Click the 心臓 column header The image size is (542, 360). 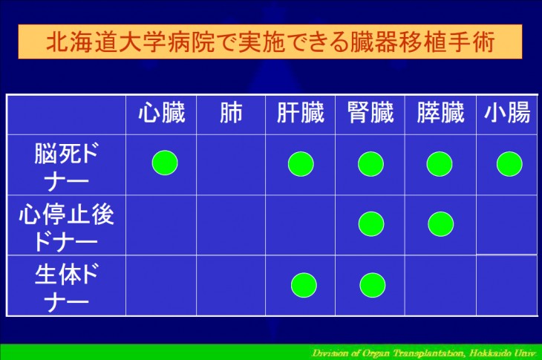[x=162, y=113]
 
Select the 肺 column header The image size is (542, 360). [x=231, y=113]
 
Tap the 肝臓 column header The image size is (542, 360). [x=301, y=113]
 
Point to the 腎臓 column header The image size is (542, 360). [x=370, y=113]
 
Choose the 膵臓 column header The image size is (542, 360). [x=440, y=113]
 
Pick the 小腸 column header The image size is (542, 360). [x=507, y=113]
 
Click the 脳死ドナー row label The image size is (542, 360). [x=66, y=166]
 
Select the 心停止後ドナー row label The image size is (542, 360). [x=66, y=227]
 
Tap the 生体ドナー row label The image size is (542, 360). [x=66, y=287]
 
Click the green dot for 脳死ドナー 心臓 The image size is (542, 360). [x=165, y=163]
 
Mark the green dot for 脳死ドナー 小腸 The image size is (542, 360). [x=509, y=164]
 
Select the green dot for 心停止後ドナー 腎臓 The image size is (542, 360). [x=371, y=224]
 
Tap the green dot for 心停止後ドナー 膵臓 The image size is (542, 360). [x=440, y=224]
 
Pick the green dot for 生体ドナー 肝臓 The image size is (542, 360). [x=304, y=285]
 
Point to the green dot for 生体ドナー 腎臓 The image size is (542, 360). [x=372, y=285]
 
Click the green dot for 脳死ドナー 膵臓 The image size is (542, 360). [x=440, y=164]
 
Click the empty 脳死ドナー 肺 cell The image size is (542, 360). [x=231, y=165]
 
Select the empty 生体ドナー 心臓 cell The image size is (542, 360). [x=161, y=285]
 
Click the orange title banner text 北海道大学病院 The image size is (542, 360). [x=131, y=42]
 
